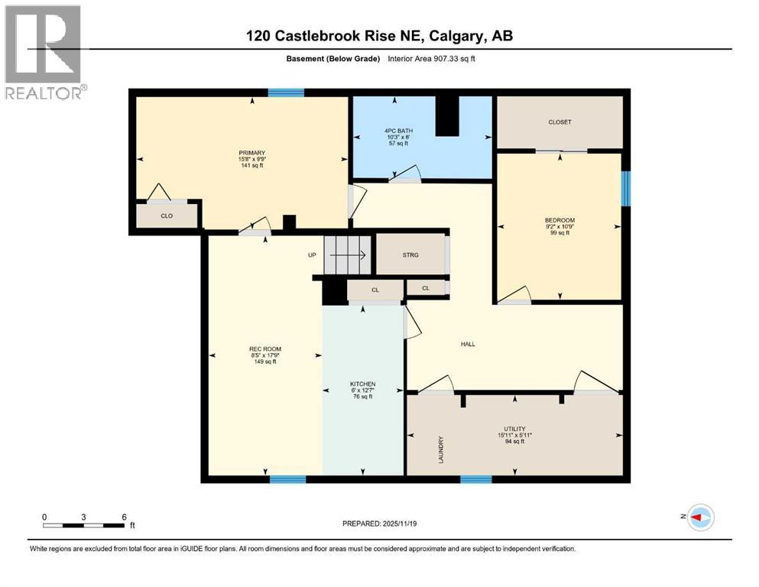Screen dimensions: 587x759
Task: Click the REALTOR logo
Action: click(44, 52)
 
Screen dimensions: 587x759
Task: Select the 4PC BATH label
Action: click(398, 131)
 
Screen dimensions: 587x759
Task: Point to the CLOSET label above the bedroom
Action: click(560, 122)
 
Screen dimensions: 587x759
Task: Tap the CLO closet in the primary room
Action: click(167, 216)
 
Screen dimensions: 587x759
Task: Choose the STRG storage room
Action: click(410, 255)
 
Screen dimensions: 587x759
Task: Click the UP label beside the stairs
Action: click(312, 255)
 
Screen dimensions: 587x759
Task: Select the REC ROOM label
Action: click(264, 349)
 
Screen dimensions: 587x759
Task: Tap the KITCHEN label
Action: click(362, 384)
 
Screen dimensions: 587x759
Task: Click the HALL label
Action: click(468, 344)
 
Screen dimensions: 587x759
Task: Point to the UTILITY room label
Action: click(514, 429)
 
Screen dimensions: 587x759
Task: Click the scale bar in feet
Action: click(84, 524)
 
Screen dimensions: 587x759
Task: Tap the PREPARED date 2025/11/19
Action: click(379, 524)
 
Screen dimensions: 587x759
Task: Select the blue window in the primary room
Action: click(285, 93)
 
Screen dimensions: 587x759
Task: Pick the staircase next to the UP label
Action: click(346, 255)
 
